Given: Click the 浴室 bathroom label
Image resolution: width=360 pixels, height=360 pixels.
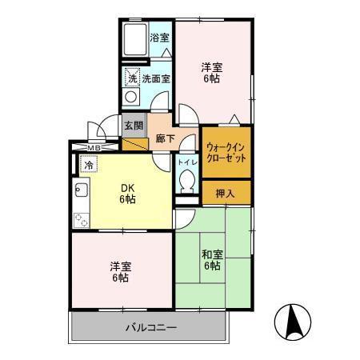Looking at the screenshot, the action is (x=159, y=38).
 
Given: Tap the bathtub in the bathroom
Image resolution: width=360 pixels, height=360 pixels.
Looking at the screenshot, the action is (x=136, y=39).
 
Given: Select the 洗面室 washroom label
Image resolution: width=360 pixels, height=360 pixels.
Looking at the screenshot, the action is (x=156, y=78).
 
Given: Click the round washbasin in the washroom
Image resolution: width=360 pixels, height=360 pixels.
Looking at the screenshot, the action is (x=130, y=97).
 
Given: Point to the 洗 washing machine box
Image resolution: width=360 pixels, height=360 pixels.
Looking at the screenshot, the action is (x=132, y=78).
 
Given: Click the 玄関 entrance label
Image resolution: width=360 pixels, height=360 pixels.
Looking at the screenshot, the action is (x=134, y=126).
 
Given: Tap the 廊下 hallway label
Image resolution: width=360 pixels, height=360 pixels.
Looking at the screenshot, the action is (x=166, y=138).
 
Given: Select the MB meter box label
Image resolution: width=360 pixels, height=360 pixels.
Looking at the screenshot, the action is (x=94, y=147).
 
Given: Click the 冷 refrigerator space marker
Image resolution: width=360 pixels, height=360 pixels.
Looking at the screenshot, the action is (x=89, y=164).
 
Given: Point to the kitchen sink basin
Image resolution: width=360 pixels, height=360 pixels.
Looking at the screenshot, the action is (x=82, y=190).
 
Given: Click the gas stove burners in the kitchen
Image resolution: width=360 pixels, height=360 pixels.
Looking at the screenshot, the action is (x=82, y=220).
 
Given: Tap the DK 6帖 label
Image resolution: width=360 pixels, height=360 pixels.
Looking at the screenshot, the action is (x=127, y=194).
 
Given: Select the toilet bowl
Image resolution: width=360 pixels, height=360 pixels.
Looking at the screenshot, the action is (x=187, y=182).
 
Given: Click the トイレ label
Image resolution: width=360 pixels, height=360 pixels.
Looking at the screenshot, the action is (x=187, y=162).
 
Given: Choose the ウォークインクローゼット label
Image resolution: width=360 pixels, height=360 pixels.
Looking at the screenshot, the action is (x=226, y=153).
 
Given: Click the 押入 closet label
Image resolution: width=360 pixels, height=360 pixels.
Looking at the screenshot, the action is (x=226, y=193).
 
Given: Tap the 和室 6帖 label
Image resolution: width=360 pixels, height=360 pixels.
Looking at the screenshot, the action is (x=212, y=260).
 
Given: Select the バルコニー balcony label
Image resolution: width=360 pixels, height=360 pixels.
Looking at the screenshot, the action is (x=151, y=327).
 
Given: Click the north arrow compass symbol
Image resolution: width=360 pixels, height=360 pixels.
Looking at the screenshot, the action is (x=293, y=322).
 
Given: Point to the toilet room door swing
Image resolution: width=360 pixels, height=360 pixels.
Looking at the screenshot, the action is (x=186, y=142).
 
